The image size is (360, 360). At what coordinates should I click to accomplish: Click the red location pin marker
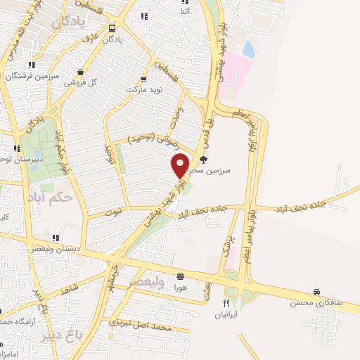point(180,165)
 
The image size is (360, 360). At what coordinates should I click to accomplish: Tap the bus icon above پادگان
point(113,29)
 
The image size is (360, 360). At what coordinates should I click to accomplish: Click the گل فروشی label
point(81,82)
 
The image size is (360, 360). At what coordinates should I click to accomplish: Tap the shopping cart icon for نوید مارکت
point(143,79)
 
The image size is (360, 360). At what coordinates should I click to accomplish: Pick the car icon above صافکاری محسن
point(317,292)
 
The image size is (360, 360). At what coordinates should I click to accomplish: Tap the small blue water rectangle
point(248,49)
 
